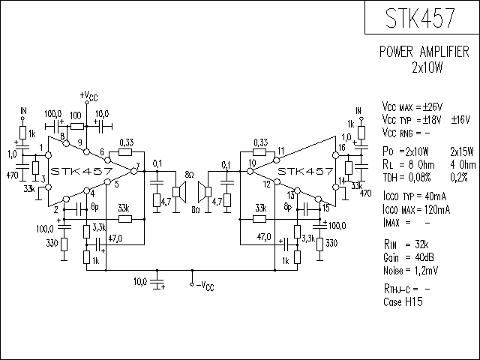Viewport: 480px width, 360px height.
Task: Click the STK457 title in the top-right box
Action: pos(420,18)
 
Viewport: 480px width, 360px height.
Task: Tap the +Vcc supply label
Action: pos(88,96)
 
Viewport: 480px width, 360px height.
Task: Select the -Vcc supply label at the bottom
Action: pos(205,286)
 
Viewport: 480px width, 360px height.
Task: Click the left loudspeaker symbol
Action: pos(179,192)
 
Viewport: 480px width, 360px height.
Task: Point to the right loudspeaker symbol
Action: pos(205,192)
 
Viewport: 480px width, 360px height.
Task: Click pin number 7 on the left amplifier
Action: pos(138,166)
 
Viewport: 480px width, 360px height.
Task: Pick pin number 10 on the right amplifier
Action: pos(252,163)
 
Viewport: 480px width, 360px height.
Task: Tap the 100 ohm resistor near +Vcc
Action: pos(76,126)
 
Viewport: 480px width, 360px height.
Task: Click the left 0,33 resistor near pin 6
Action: pos(125,151)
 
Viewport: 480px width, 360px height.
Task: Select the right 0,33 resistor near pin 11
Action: pos(259,151)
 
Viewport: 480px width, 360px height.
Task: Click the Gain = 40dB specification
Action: pos(408,257)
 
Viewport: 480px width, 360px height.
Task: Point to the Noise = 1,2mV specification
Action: pos(410,271)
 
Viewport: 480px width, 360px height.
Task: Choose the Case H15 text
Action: pos(403,301)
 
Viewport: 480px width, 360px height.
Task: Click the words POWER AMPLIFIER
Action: pos(424,52)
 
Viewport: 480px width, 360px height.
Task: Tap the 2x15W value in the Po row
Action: pos(462,151)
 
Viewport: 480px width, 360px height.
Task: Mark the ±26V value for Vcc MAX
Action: pos(433,107)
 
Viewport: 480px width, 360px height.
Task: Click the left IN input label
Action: pos(23,110)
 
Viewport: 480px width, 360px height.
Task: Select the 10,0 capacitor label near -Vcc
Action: pos(140,282)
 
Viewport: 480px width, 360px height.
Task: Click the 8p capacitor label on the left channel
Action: pos(95,207)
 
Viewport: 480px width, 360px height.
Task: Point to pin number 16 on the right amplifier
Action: pos(342,148)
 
